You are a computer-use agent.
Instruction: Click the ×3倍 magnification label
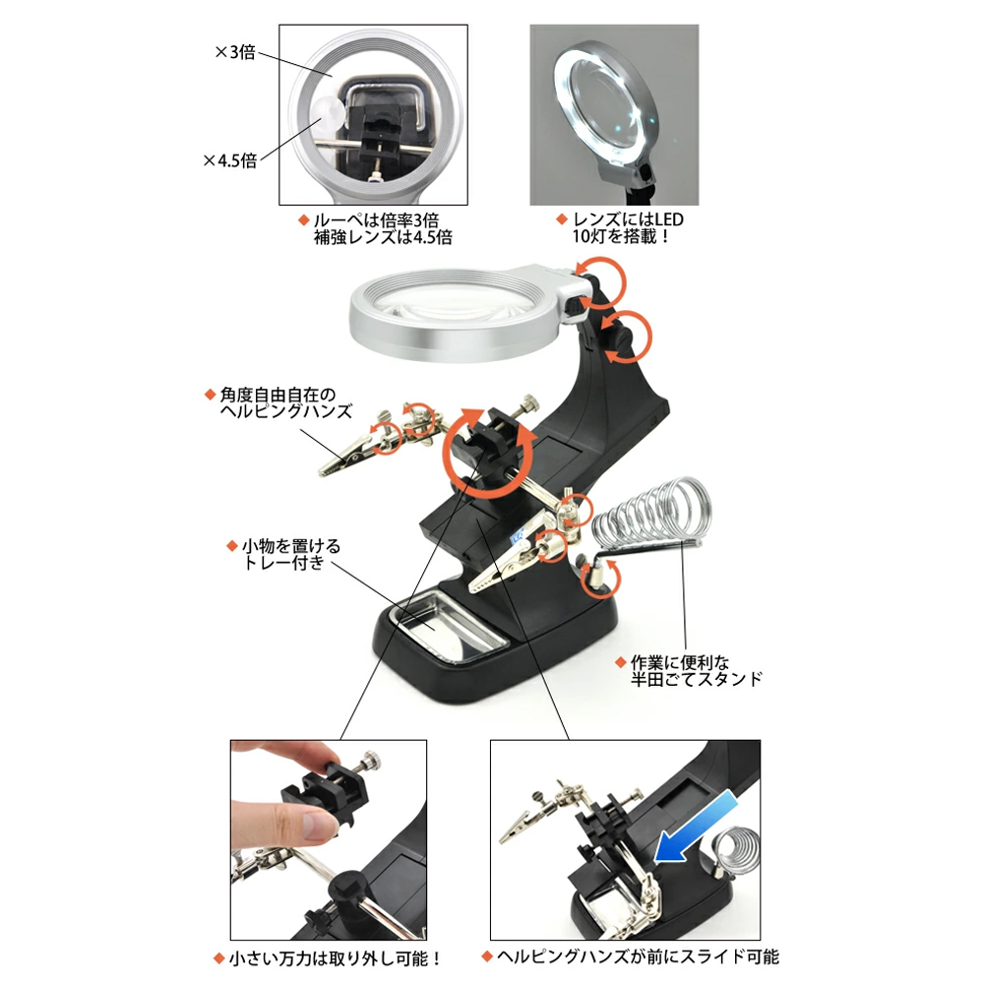(235, 51)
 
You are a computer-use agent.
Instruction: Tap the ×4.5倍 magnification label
(229, 160)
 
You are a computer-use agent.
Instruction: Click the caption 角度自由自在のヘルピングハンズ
(279, 402)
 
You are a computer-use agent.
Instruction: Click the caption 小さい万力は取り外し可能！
(328, 958)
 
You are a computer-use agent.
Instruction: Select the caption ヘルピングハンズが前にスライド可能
(630, 956)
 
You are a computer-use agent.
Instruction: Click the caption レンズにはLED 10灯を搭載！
(620, 228)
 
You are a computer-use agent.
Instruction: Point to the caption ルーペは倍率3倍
(376, 220)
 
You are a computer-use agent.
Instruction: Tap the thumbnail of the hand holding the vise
(329, 839)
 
